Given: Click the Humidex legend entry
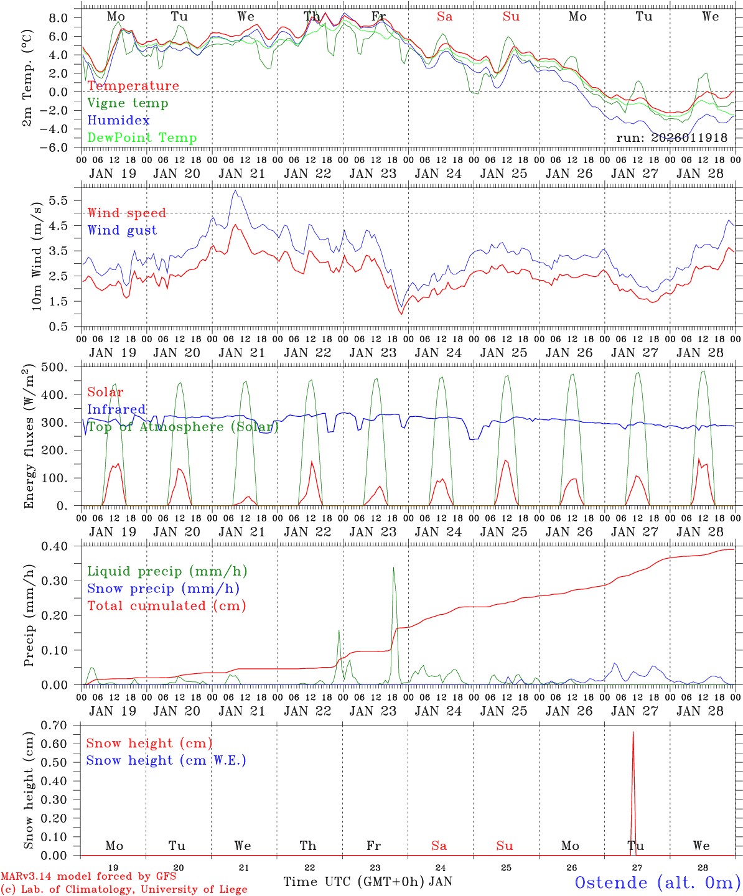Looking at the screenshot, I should [118, 121].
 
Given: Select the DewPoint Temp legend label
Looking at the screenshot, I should [142, 138].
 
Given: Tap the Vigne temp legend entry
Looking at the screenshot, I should [128, 103].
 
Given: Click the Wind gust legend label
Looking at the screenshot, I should [122, 230].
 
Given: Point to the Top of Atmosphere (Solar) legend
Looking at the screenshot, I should [183, 427].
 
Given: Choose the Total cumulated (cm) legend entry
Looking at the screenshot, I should [166, 605].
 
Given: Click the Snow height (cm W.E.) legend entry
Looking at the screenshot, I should [166, 760].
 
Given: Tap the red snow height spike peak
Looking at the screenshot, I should [633, 732].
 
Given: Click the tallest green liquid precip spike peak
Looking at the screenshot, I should [393, 567].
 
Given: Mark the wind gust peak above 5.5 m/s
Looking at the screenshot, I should [235, 191].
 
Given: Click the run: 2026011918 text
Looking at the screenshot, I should [671, 138].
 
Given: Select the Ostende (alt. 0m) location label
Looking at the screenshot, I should [657, 882].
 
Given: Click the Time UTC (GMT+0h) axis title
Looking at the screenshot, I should [354, 882].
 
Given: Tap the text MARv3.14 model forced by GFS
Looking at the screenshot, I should [88, 876].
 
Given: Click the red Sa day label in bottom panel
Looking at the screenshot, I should [439, 846].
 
